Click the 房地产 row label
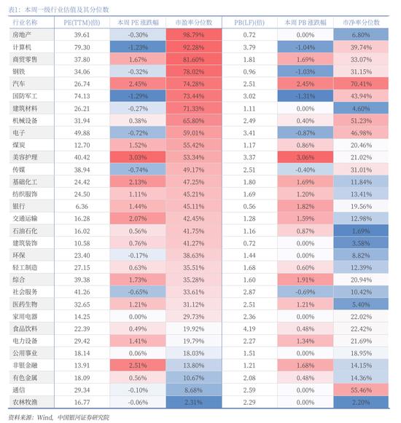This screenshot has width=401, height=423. [x=22, y=35]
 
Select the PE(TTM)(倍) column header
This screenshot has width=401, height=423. [x=82, y=23]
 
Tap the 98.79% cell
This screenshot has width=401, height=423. [x=193, y=35]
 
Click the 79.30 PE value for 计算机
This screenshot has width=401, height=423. [x=82, y=47]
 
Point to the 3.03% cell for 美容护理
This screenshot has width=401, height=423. [x=138, y=157]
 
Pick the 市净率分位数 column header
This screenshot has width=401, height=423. [x=362, y=23]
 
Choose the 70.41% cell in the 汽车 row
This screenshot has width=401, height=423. [x=362, y=84]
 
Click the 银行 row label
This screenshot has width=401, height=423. [x=19, y=206]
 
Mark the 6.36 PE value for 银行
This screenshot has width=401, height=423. [x=82, y=206]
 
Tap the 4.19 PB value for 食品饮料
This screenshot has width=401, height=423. [x=249, y=329]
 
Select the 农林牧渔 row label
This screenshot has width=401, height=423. [x=25, y=402]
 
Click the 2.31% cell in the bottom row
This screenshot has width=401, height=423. [x=193, y=402]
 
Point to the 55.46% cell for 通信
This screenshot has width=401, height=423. [x=362, y=390]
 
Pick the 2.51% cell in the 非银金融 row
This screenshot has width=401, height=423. [x=138, y=365]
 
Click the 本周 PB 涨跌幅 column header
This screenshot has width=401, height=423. [x=305, y=23]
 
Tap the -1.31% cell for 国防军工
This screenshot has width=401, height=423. [x=305, y=96]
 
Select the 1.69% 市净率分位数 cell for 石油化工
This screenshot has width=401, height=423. [x=362, y=232]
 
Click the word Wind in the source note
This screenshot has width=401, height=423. [x=44, y=417]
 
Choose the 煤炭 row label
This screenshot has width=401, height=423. [x=19, y=145]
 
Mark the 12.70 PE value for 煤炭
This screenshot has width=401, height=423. [x=82, y=145]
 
